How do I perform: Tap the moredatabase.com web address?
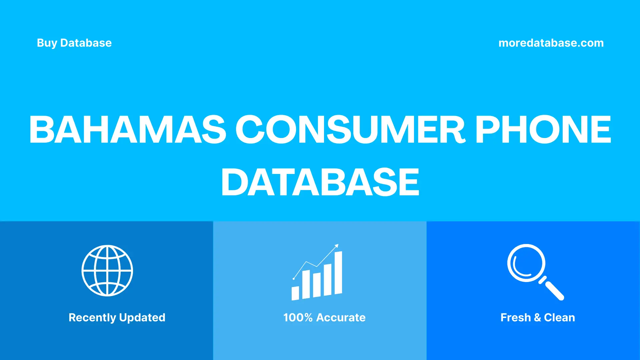click(x=551, y=43)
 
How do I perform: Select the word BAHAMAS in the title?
click(x=128, y=129)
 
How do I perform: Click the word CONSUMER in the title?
click(x=350, y=129)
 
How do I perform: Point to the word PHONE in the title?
click(x=543, y=129)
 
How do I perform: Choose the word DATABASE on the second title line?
click(x=320, y=182)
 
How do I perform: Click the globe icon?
click(x=107, y=271)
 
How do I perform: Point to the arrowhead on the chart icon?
click(x=337, y=246)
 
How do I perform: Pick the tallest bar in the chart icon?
click(x=338, y=273)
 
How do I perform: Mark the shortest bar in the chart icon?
click(x=295, y=293)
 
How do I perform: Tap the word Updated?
click(x=142, y=318)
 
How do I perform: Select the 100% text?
click(x=298, y=318)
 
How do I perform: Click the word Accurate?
click(x=341, y=318)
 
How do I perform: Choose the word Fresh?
click(x=515, y=318)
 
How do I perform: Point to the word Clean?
click(x=559, y=318)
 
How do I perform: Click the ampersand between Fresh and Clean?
click(x=537, y=318)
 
